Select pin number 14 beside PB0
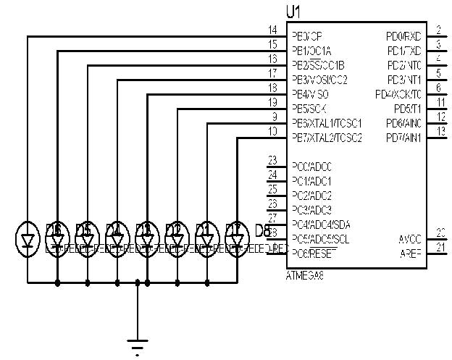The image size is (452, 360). [272, 30]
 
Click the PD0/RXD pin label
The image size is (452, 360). [403, 36]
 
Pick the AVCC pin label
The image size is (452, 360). [409, 239]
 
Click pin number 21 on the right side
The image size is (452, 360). [441, 247]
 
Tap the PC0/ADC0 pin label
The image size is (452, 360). [312, 167]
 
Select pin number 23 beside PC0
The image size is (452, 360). [272, 160]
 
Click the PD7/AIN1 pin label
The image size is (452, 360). [403, 138]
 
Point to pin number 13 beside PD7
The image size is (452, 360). [441, 130]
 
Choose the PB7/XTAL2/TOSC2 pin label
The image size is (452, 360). [327, 138]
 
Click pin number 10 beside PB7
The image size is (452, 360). [272, 131]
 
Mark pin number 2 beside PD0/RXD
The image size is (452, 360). [439, 30]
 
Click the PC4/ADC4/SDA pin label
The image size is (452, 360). [322, 224]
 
